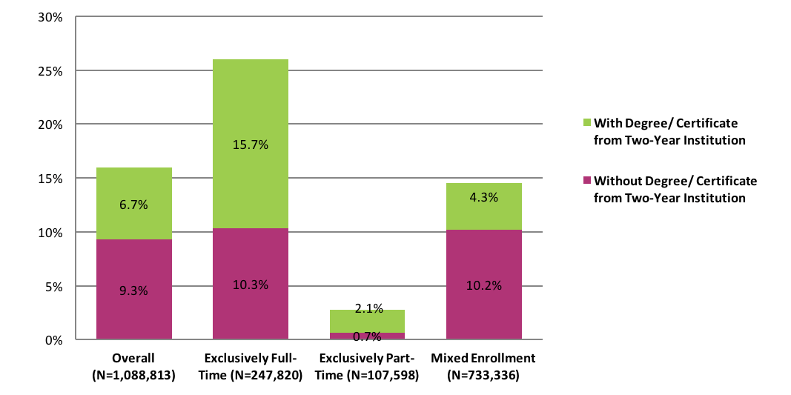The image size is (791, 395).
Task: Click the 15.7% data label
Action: [251, 145]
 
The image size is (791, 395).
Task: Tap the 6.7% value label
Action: [134, 204]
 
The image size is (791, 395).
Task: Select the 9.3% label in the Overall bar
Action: [134, 291]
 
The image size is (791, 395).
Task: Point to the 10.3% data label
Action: [251, 285]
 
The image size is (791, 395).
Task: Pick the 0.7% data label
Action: [367, 336]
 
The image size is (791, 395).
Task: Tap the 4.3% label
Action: [483, 197]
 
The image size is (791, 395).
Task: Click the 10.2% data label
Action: [483, 285]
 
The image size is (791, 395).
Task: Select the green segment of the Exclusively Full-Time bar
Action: [251, 96]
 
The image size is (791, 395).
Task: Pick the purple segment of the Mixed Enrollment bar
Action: [483, 311]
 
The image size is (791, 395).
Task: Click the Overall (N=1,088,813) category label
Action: [134, 367]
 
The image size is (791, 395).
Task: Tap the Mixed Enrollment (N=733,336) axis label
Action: [483, 367]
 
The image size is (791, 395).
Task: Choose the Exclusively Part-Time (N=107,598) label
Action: [367, 367]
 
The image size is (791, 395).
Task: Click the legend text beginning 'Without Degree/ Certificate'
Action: [675, 189]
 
